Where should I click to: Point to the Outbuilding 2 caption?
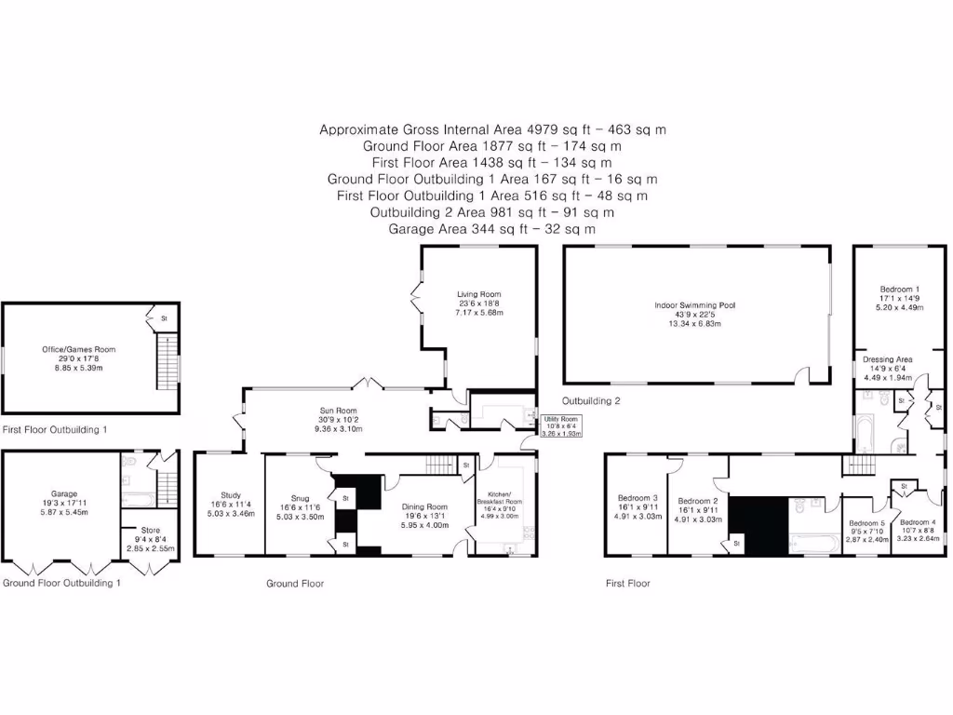coord(591,401)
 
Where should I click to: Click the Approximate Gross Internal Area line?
coord(492,130)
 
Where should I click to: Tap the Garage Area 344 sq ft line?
coord(492,229)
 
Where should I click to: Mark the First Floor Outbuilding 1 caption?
coord(55,430)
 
